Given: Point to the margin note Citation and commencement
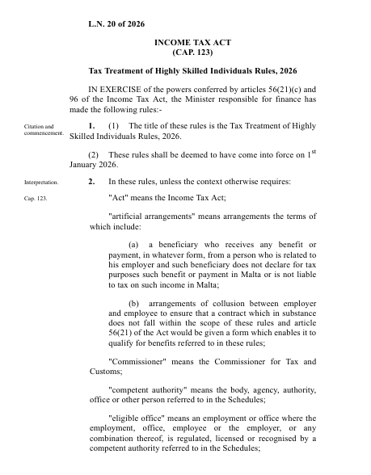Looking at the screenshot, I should tap(39, 130).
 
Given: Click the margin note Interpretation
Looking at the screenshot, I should tap(40, 183).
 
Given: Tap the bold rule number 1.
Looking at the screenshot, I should tap(92, 126).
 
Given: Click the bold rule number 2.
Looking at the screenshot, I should tap(92, 182).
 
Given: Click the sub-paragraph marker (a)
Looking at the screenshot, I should tap(134, 244).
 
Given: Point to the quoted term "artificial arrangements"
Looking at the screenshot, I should tap(150, 216).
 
